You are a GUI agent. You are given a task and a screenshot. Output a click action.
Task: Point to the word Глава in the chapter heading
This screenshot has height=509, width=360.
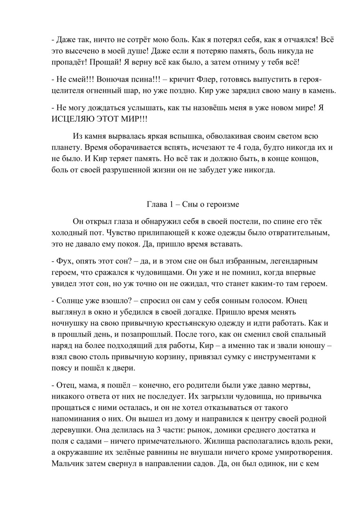pos(157,204)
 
